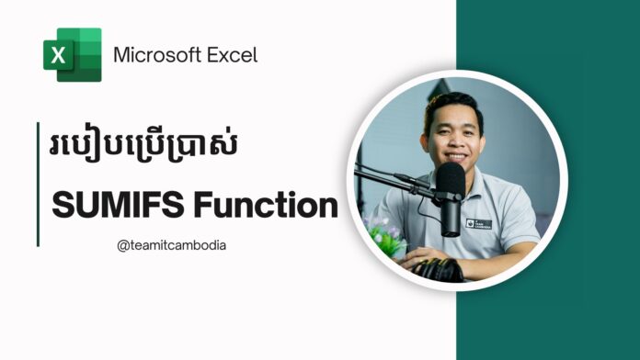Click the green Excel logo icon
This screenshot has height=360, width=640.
(x=72, y=54)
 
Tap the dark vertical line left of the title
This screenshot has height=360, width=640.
(x=39, y=184)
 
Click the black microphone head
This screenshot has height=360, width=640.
(x=450, y=185)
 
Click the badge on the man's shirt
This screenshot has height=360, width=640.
(x=481, y=222)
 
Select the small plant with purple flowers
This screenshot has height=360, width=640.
(x=382, y=235)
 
